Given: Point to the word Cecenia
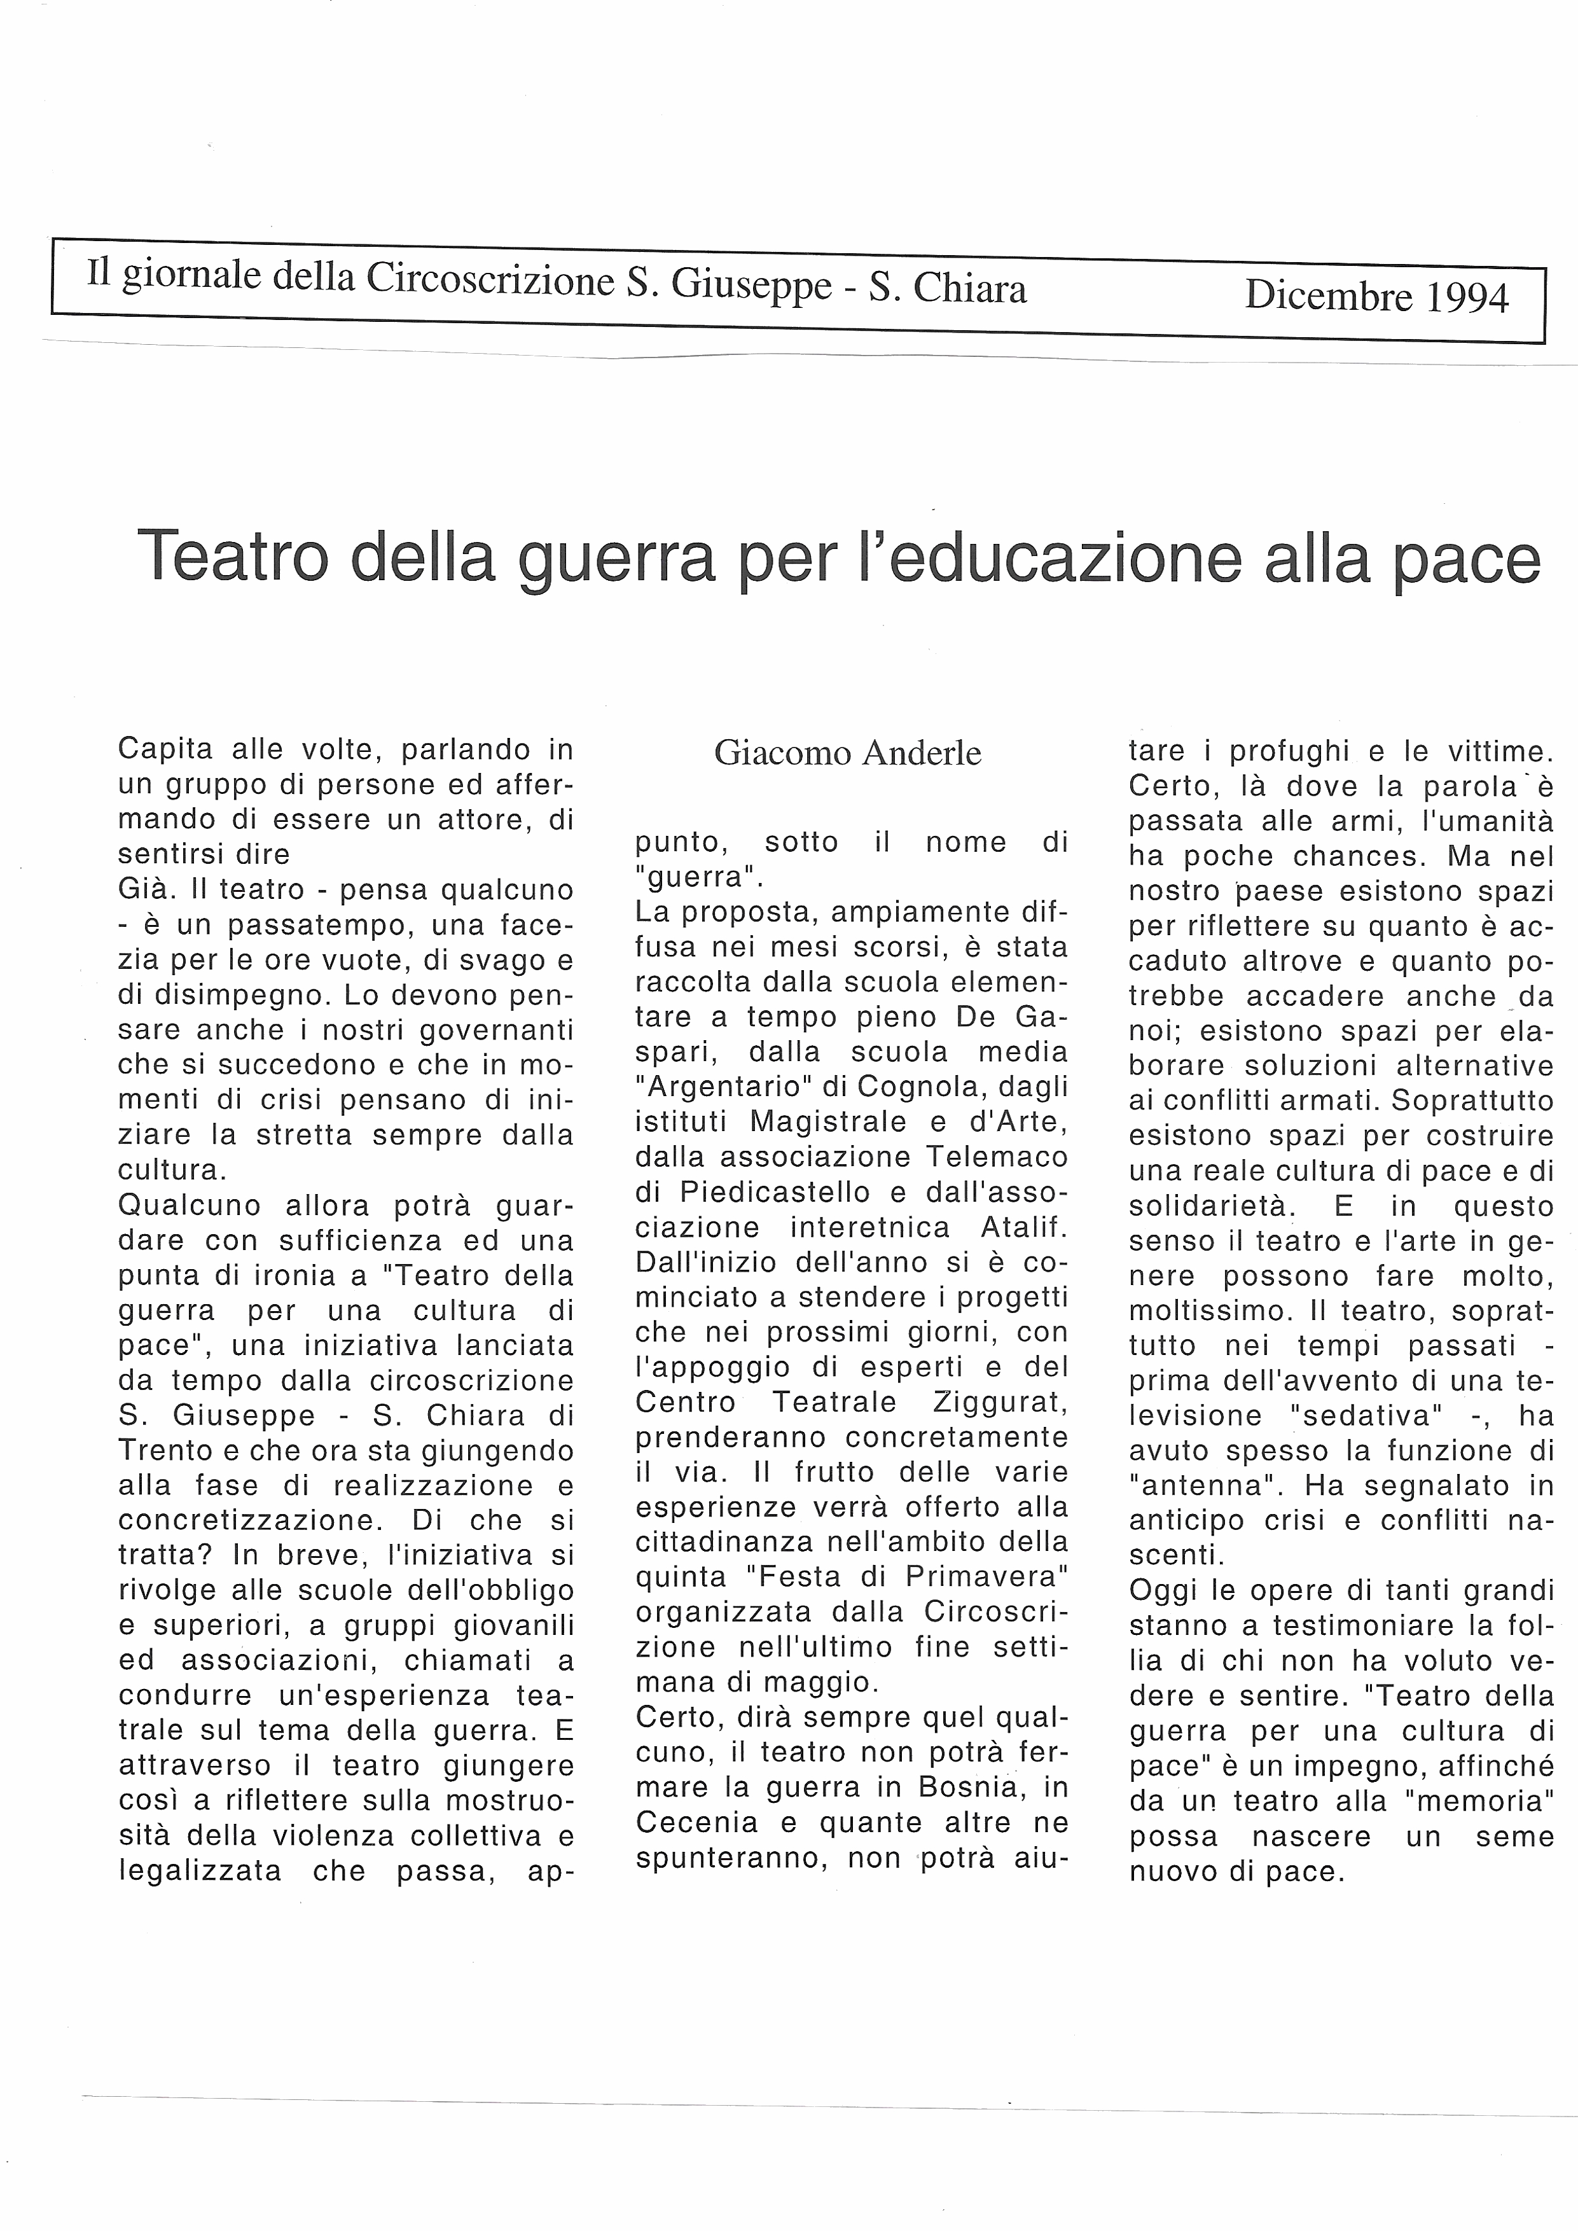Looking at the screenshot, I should [x=682, y=1822].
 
